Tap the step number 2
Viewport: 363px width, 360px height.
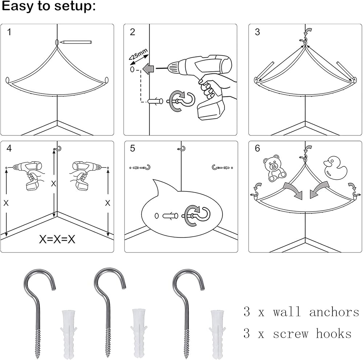[132, 32]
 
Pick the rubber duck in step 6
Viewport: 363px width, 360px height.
[335, 167]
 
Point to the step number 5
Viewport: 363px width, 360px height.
[132, 149]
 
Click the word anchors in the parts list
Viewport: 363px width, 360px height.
[334, 312]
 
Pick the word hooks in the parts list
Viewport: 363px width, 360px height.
[334, 333]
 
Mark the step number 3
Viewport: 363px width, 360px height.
[257, 32]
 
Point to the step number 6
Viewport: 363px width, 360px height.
[257, 149]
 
